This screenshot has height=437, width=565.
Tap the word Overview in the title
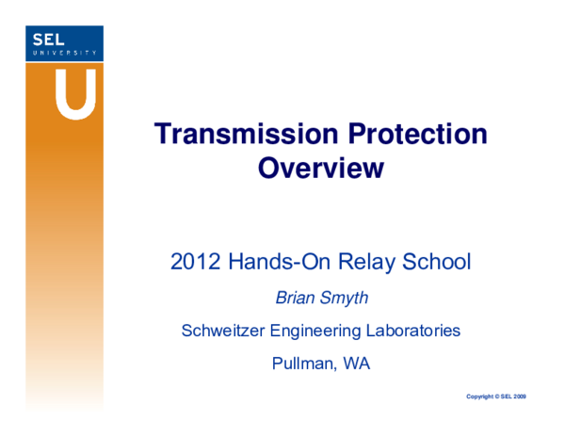click(x=320, y=169)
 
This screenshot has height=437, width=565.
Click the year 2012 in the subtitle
click(x=193, y=262)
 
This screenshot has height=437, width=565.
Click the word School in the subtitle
click(x=434, y=262)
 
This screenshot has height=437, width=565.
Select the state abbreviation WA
click(x=356, y=364)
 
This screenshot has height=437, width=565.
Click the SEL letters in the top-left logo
click(x=49, y=40)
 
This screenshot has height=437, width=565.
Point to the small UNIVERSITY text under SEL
click(x=64, y=53)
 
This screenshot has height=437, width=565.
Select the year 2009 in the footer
click(x=519, y=397)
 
